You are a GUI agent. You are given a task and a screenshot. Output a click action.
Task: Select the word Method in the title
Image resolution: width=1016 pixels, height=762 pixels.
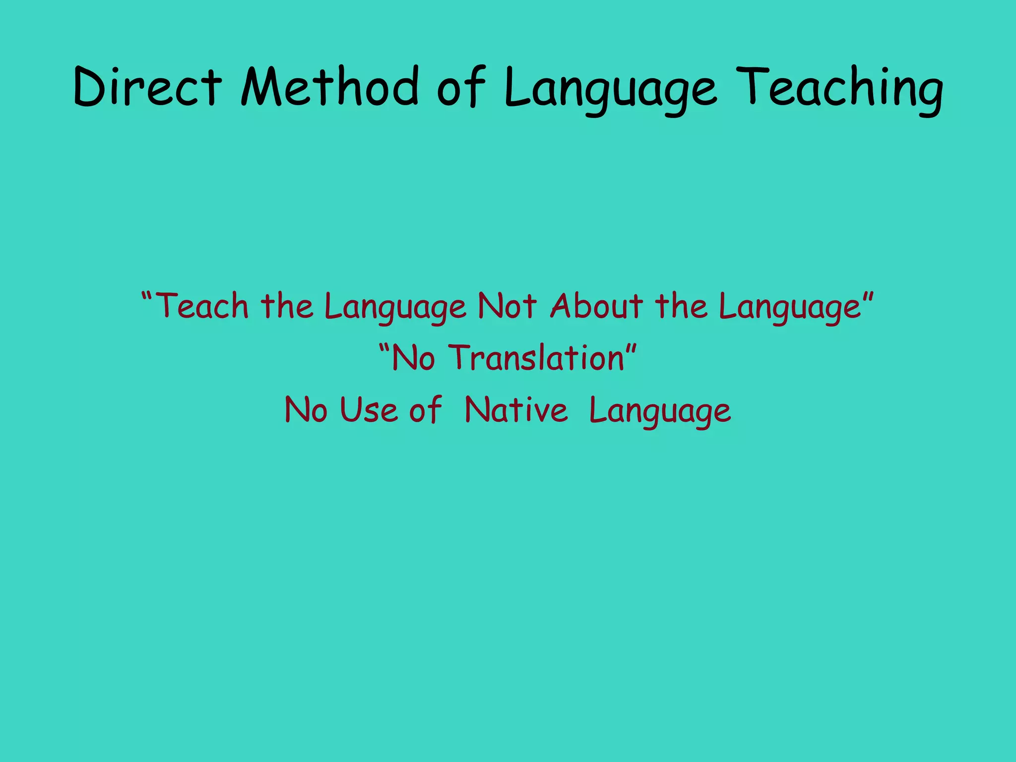tap(329, 87)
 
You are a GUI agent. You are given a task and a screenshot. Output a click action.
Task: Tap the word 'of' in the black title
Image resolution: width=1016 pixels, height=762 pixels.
tap(461, 88)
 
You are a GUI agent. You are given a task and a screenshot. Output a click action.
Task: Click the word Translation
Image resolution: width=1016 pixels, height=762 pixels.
tap(536, 358)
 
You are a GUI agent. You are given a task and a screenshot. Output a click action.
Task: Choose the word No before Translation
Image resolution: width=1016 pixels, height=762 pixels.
tap(413, 358)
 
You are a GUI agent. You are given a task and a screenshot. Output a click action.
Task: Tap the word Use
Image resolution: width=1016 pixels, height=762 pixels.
tap(368, 411)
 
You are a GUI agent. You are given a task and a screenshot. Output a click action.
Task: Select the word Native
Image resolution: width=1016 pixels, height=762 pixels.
tap(516, 411)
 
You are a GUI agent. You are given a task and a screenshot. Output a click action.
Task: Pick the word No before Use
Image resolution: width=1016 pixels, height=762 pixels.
tap(306, 411)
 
